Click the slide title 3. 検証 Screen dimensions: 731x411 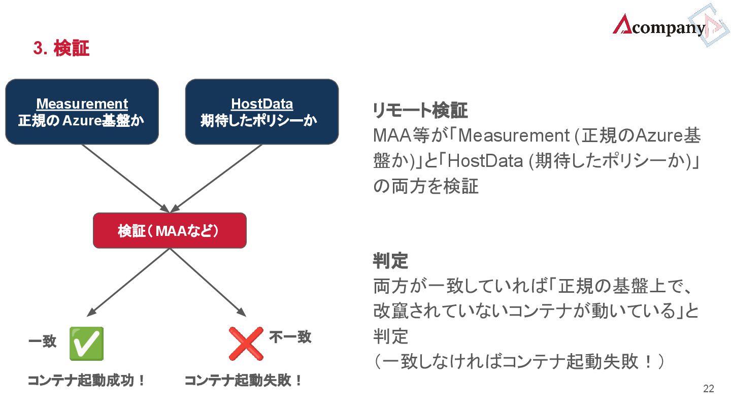coord(61,49)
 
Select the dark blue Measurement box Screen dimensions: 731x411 coord(82,112)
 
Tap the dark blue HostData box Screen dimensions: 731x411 coord(261,112)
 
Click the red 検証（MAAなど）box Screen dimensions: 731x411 coord(170,230)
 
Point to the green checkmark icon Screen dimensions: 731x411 coord(86,343)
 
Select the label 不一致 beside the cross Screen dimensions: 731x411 coord(290,336)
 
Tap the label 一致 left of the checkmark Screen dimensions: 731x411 coord(42,341)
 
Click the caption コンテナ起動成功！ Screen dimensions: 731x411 coord(86,380)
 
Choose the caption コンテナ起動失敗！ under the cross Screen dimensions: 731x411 coord(243,380)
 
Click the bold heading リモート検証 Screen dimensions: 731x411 coord(420,110)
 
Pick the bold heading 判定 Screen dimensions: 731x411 coord(390,261)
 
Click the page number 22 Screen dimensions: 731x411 coord(708,389)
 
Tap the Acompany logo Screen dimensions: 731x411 coord(659,26)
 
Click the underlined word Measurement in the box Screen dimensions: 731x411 coord(82,104)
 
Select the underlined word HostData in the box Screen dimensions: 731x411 coord(262,104)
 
